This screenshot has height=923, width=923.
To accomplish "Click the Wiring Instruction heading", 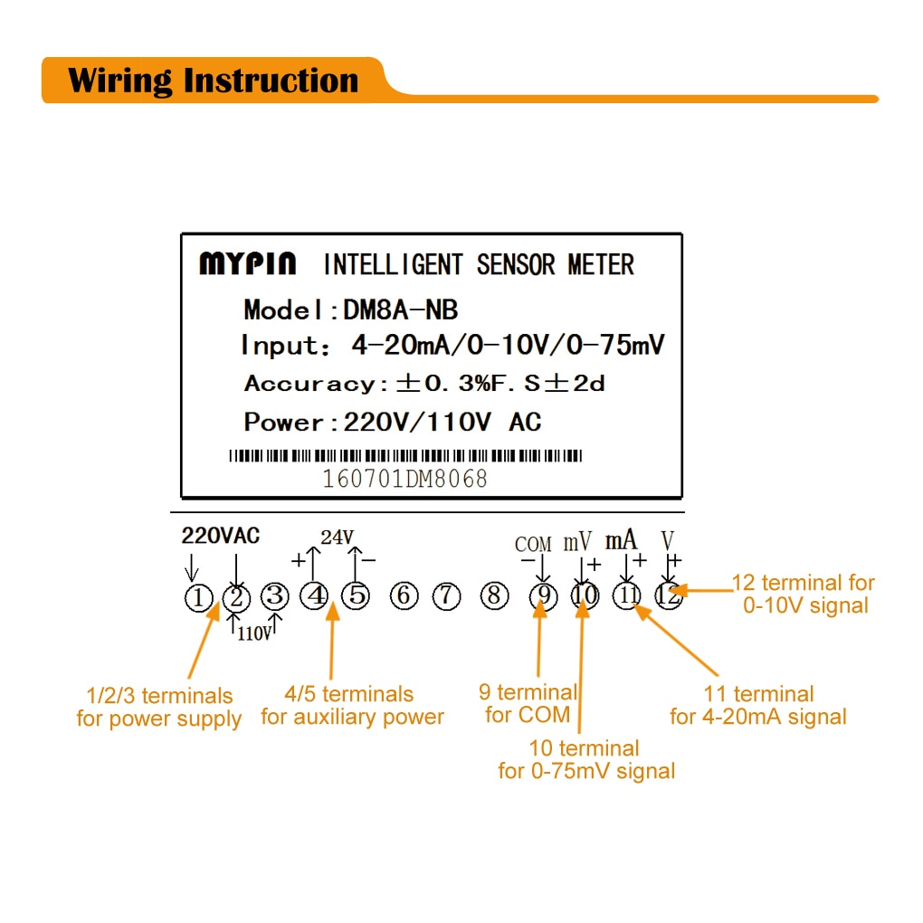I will click(x=213, y=81).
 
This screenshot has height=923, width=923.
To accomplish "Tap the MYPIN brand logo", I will click(x=247, y=264).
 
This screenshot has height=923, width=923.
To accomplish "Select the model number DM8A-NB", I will click(x=400, y=310).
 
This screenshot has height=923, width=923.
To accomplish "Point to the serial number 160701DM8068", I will click(x=404, y=479).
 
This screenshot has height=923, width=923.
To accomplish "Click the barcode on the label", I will click(x=404, y=456).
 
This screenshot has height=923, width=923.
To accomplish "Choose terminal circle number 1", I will click(x=197, y=597).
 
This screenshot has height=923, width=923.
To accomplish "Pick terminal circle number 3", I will click(x=274, y=596).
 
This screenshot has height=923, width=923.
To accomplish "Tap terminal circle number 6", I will click(x=404, y=596).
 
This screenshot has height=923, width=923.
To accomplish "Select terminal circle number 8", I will click(x=492, y=596).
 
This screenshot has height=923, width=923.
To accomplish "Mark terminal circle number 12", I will click(x=668, y=596).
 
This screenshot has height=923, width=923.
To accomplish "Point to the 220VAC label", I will click(x=220, y=536).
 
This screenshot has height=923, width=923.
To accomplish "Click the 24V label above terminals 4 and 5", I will click(x=337, y=538).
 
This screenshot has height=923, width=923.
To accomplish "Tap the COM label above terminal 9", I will click(x=533, y=544).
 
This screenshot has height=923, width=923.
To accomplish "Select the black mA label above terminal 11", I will click(x=621, y=541).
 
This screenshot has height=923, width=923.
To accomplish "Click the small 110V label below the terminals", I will click(x=254, y=634).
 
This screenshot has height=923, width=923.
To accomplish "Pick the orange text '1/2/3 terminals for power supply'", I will click(x=158, y=708).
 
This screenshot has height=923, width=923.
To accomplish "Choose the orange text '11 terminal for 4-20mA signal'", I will click(x=758, y=706).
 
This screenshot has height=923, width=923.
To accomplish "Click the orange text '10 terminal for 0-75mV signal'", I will click(x=585, y=760).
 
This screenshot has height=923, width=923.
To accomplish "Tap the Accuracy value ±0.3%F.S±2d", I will click(x=500, y=383).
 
